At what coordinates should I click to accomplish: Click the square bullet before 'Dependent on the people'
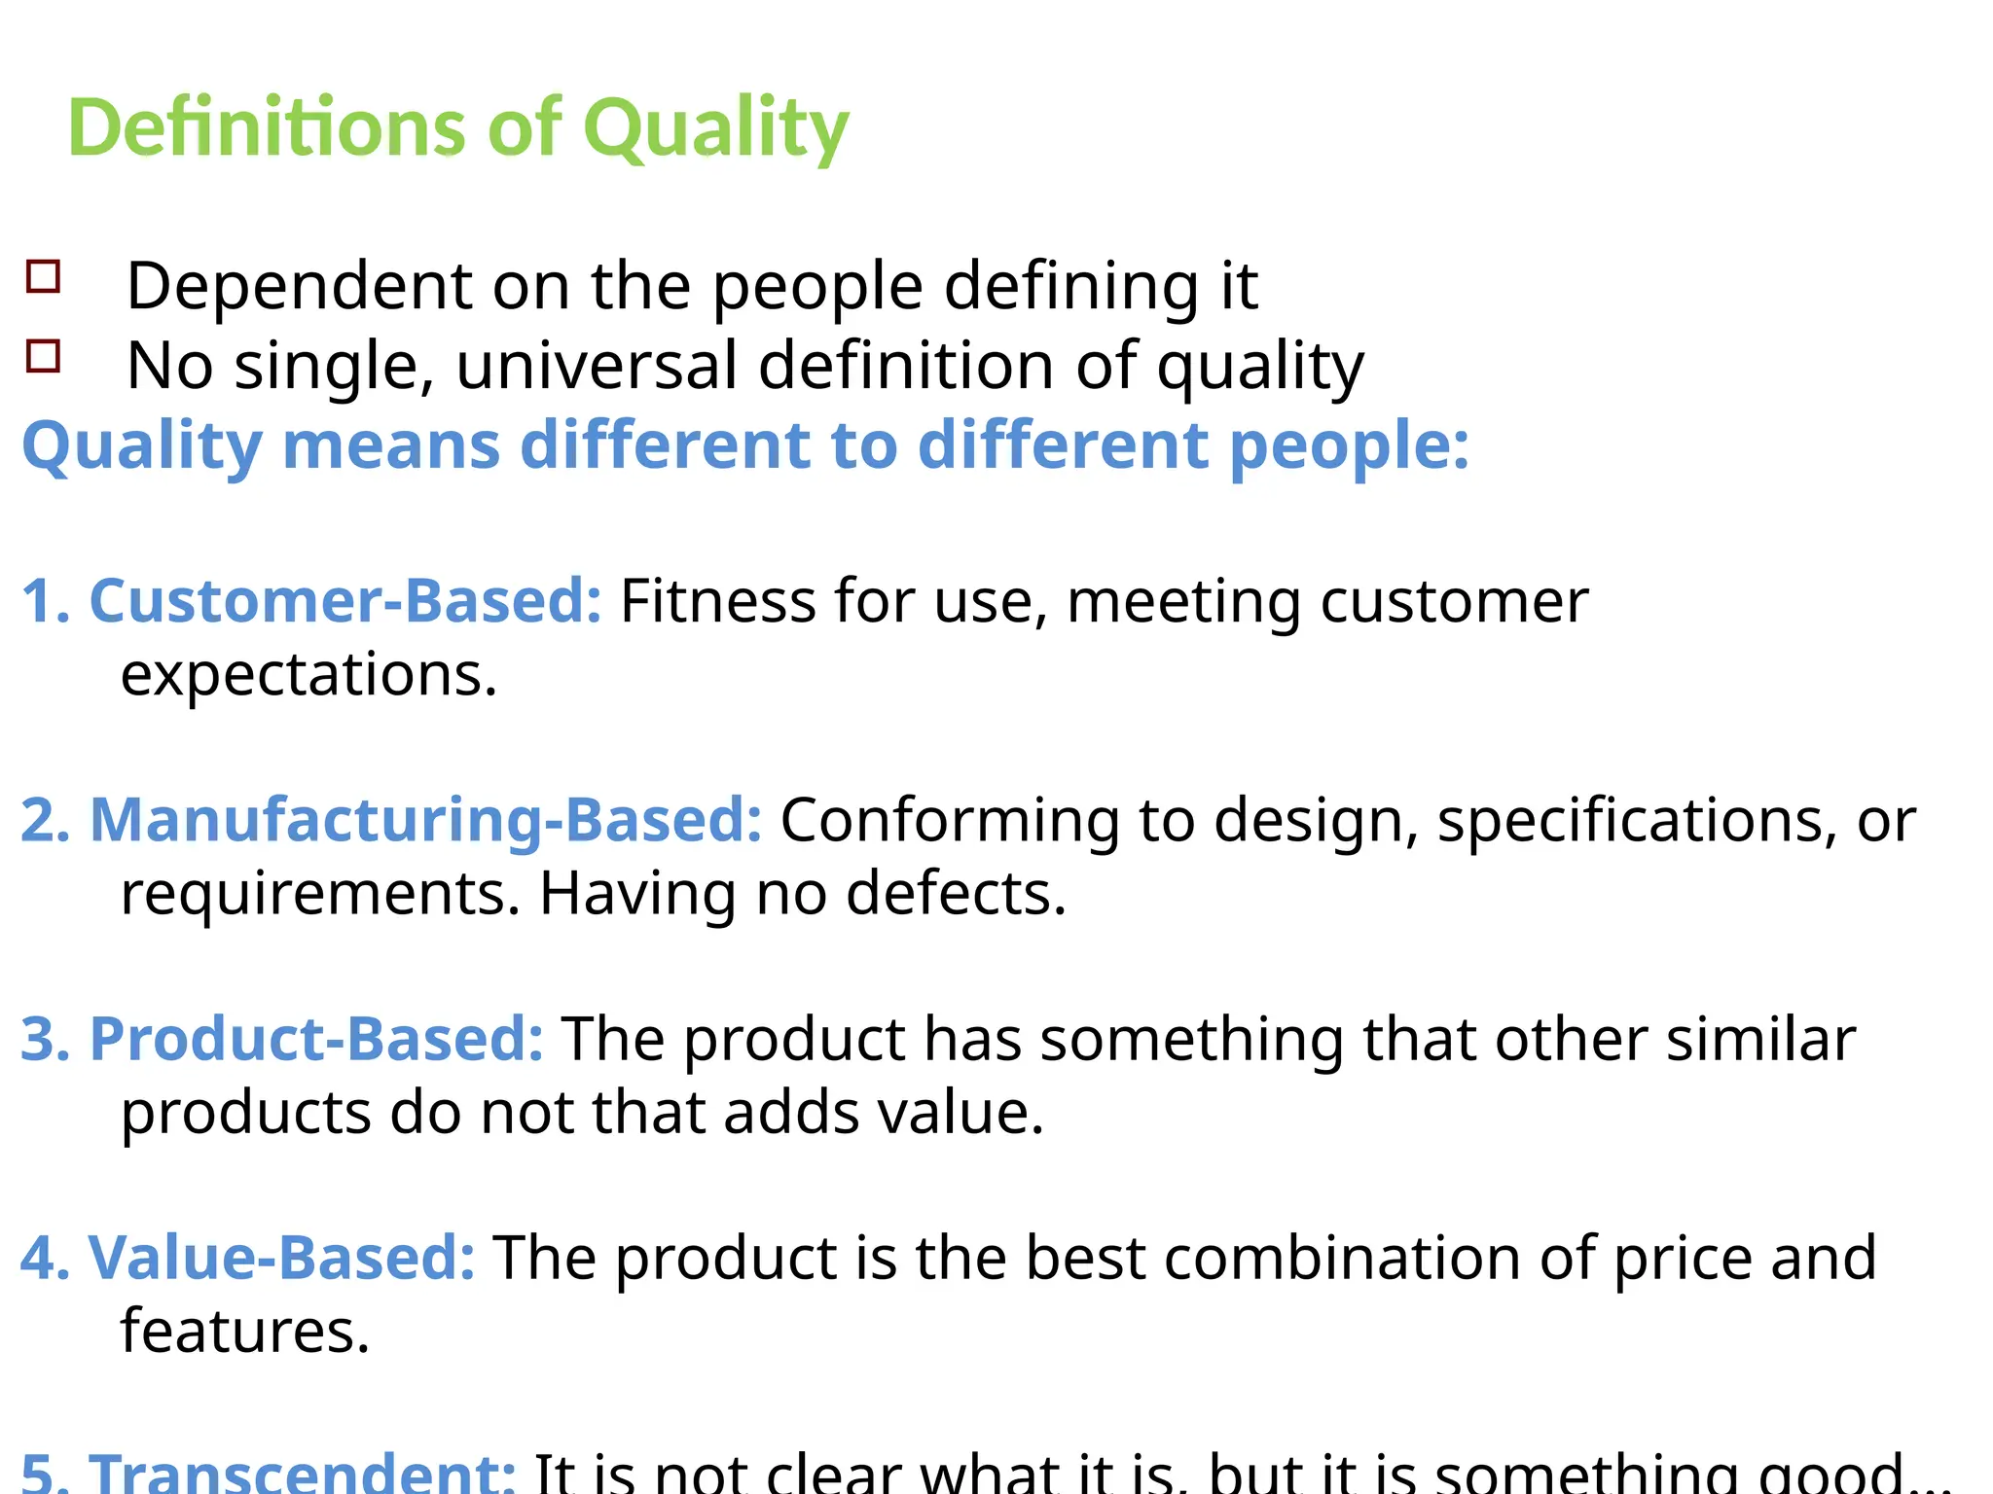pyautogui.click(x=44, y=277)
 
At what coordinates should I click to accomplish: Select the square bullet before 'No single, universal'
pyautogui.click(x=44, y=357)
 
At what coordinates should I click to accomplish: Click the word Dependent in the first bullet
pyautogui.click(x=300, y=286)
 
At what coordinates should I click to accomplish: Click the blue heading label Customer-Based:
pyautogui.click(x=345, y=600)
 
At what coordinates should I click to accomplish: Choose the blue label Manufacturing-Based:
pyautogui.click(x=425, y=819)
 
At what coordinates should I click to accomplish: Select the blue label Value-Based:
pyautogui.click(x=281, y=1257)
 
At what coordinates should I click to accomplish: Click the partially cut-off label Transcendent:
pyautogui.click(x=303, y=1474)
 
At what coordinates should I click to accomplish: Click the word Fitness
pyautogui.click(x=718, y=600)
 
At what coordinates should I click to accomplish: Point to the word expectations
pyautogui.click(x=308, y=674)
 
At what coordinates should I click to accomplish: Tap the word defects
pyautogui.click(x=956, y=893)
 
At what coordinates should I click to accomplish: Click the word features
pyautogui.click(x=244, y=1331)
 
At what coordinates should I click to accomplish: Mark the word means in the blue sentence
pyautogui.click(x=391, y=445)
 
